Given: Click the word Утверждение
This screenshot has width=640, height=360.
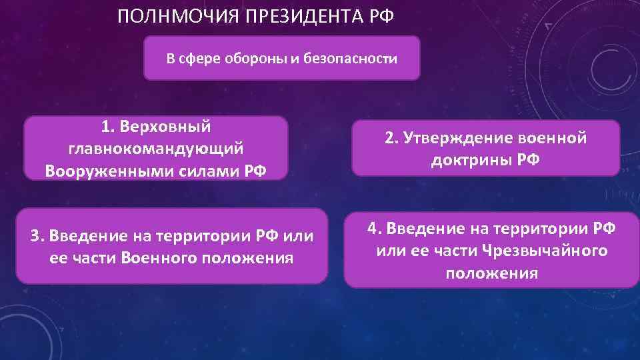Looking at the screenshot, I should pyautogui.click(x=449, y=138).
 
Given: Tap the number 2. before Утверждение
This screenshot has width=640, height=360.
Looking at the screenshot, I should pyautogui.click(x=391, y=138).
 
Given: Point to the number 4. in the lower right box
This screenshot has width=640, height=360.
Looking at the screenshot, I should pyautogui.click(x=375, y=229).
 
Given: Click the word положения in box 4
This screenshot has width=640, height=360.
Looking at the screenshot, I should pyautogui.click(x=492, y=273).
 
